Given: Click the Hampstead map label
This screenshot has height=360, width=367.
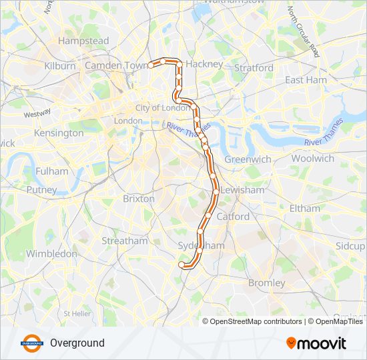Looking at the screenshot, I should coord(83,41).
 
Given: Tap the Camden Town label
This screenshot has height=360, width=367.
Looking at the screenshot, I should coord(116,65).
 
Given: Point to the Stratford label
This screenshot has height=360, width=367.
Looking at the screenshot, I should coord(254,68).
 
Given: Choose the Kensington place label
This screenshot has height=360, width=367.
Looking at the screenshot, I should coord(60,133).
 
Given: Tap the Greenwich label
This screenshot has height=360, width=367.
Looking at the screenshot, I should coord(248,159).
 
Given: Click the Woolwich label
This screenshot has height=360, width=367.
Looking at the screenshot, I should coord(312,159).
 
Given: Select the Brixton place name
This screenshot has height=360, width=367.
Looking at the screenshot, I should coord(139,199).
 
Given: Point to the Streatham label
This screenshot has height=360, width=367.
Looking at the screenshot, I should coord(125,241).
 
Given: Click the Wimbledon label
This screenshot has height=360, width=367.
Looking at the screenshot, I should coord(51,254).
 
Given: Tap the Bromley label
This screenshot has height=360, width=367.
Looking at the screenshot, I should coord(266,283).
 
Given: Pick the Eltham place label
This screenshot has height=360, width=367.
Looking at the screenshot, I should coord(305,208).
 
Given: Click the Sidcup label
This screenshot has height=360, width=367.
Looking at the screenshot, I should coord(350,245).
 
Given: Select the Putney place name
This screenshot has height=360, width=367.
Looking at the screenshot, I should coord(41,190).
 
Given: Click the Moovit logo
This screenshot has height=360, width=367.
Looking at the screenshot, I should coord(316,343).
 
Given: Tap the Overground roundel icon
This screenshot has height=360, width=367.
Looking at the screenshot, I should coord(32,343).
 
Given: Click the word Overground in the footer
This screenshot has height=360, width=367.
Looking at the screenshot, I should coord(77,343).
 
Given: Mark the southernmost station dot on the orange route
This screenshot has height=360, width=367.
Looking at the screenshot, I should coord(181,265).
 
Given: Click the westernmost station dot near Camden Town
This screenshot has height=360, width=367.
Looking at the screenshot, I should coord(151,65).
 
